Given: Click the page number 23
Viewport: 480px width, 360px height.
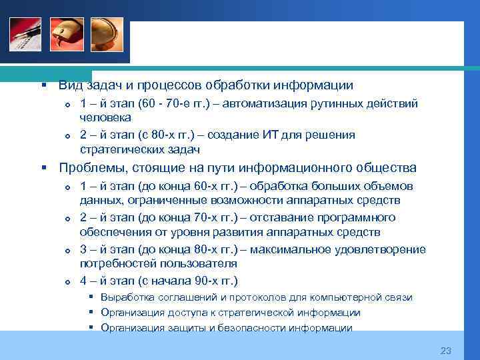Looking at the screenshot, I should click(446, 351).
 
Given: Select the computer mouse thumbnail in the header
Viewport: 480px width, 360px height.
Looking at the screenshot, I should click(66, 34).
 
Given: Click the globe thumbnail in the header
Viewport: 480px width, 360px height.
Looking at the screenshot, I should click(107, 34).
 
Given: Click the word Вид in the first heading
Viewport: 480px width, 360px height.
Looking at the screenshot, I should click(69, 85).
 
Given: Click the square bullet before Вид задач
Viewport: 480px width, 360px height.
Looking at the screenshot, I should click(42, 85).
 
